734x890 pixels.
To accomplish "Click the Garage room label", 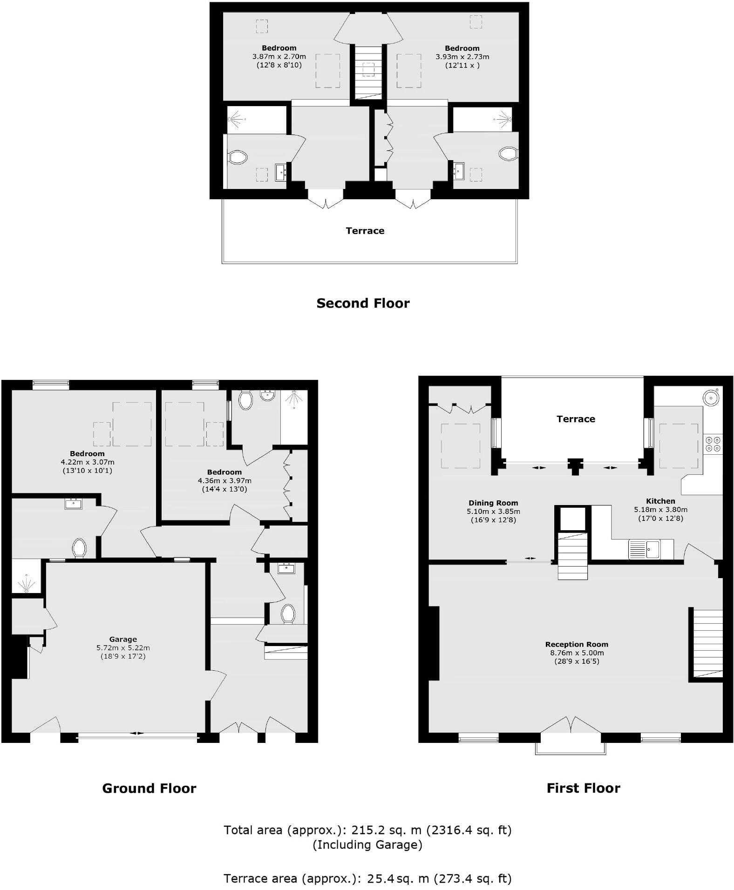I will (x=123, y=639).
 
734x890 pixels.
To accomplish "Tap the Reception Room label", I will (x=577, y=644).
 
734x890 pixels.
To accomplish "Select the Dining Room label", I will (x=493, y=503).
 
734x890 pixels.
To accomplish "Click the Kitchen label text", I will (x=660, y=501).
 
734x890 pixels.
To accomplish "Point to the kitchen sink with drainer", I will (x=644, y=549).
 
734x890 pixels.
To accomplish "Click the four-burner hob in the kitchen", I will (x=713, y=444).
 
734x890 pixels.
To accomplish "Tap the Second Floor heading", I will (x=363, y=303).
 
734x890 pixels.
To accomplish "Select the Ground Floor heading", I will (x=149, y=788).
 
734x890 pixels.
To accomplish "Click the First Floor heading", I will (x=583, y=788).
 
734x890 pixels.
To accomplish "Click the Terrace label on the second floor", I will (x=365, y=230).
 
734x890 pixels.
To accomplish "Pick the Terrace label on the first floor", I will (x=576, y=419).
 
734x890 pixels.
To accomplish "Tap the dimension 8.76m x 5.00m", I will (x=577, y=653).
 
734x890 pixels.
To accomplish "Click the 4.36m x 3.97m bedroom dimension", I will (x=224, y=480).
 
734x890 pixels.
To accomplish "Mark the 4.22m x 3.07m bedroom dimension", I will (x=87, y=462).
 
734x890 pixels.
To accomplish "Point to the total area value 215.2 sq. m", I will (x=386, y=830).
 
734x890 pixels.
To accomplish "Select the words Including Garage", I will (x=367, y=845).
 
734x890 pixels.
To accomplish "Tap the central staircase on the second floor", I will (x=368, y=72).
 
